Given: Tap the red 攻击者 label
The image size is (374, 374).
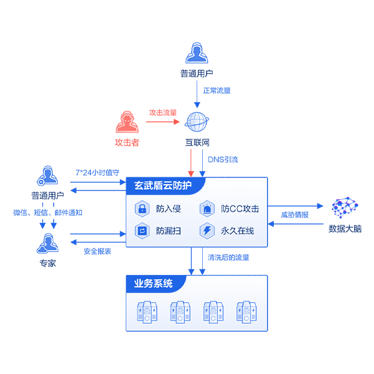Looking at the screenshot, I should coord(127,143).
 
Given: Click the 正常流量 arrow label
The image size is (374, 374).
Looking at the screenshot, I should coord(217,90).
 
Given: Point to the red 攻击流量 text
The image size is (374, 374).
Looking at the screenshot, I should coord(162,113).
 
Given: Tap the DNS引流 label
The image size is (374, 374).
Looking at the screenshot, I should coord(223,160).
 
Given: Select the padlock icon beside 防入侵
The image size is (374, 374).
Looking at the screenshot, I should coord(142,208).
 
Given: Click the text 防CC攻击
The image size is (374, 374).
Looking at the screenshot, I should coord(240,208).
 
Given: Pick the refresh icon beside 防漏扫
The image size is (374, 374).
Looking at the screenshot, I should coord(142,231).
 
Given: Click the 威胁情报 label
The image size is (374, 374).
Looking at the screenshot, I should coord(294,215).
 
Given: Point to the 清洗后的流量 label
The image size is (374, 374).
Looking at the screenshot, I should coord(228,257).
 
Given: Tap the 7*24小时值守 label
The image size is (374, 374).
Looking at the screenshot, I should coord(97,172).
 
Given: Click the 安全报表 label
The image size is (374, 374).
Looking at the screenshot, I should coord(98,251).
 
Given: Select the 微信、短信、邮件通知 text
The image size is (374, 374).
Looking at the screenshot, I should coord(48,212).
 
